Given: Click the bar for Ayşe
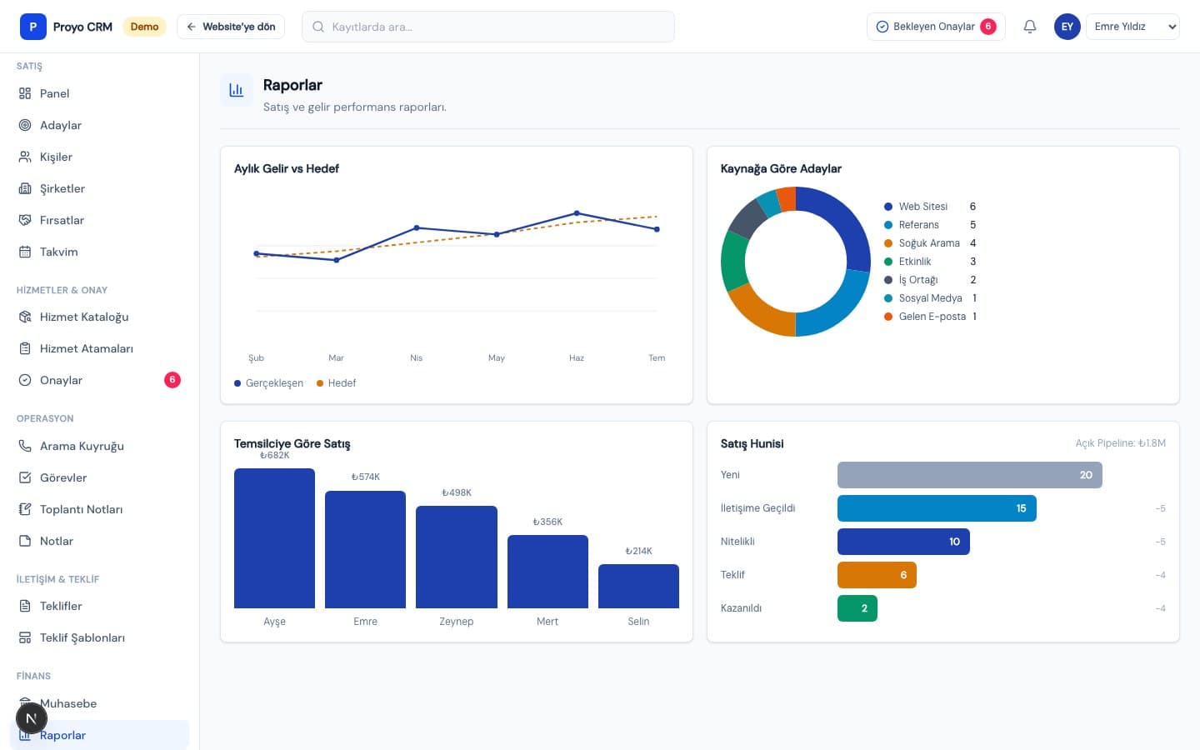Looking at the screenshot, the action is coord(274,537).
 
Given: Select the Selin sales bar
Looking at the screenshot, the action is coord(638,586).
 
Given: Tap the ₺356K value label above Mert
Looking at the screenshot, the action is coord(547,522).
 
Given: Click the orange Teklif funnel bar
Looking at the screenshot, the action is coord(877,575).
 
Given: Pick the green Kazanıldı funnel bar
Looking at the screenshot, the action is coord(857,608).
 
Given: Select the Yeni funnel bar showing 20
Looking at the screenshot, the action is coord(970,475).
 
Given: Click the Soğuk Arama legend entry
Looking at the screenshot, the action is coord(929,243).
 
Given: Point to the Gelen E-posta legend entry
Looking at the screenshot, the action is coord(930,317).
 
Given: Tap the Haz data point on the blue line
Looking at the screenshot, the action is coord(577,213).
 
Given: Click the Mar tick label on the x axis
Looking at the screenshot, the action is coord(336,357).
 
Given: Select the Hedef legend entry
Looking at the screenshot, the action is coord(337,383).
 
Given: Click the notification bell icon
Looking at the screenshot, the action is coord(1030,27).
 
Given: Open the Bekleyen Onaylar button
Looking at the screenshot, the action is coord(936,27).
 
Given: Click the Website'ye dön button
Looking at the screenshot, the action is coord(231,27).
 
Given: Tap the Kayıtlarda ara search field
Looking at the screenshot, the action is coord(488,27).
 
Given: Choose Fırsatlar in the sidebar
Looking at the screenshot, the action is coord(62,220).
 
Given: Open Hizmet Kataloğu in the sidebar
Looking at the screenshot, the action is coord(84,317).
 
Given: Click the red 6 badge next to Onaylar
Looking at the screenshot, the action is coord(172,380).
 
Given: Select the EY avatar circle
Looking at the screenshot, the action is coord(1067,27).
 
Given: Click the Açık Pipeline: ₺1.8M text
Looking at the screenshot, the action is coord(1120,443).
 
